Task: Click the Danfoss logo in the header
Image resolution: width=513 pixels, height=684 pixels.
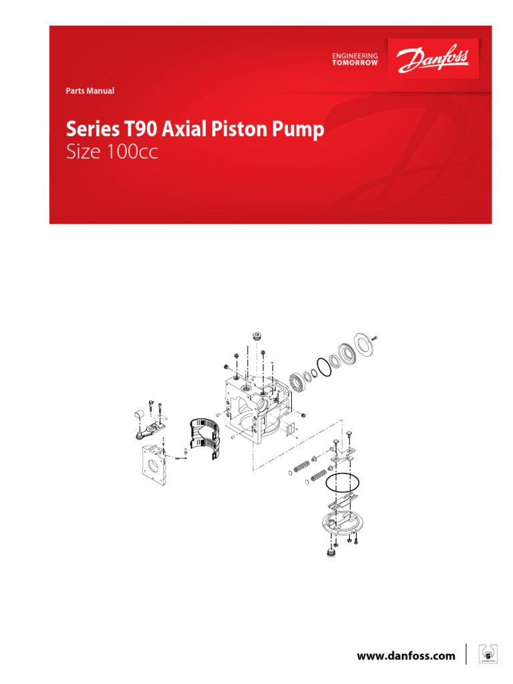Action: click(434, 58)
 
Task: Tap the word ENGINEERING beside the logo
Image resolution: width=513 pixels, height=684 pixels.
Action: click(355, 55)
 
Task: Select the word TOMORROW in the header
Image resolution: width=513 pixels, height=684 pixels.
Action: click(355, 63)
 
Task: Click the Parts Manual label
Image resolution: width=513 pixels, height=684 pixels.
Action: click(90, 91)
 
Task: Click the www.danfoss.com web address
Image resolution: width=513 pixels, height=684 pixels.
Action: click(405, 657)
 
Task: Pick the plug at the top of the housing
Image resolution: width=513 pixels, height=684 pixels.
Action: click(255, 335)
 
